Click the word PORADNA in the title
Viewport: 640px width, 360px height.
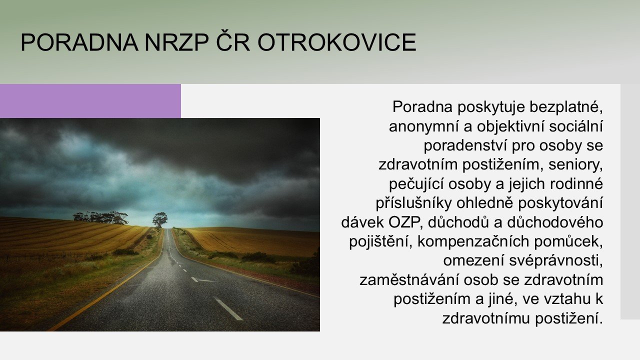[79, 42]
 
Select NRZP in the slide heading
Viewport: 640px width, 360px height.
[176, 42]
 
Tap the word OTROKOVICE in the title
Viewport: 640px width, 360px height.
[337, 42]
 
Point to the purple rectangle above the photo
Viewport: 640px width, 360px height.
[90, 101]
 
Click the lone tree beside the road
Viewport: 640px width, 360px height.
[160, 220]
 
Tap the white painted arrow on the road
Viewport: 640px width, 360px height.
[202, 280]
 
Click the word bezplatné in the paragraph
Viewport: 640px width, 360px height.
[566, 107]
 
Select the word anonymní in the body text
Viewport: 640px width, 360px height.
[424, 127]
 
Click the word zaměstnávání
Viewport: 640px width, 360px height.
[409, 280]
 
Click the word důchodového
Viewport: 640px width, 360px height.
[555, 222]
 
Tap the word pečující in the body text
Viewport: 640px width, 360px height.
[416, 184]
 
